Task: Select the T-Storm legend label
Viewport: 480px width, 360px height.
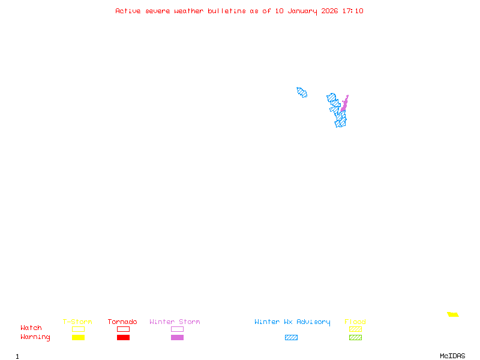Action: tap(77, 322)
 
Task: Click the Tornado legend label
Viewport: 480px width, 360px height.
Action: tap(122, 322)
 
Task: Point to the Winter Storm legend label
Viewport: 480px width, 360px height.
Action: tap(175, 322)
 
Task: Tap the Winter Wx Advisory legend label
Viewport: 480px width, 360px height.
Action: tap(292, 322)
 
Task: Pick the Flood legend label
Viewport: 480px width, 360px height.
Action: tap(355, 322)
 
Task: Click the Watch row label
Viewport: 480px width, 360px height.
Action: tap(31, 328)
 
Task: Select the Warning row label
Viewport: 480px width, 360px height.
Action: tap(35, 337)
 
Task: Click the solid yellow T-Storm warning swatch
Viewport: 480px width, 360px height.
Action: tap(78, 338)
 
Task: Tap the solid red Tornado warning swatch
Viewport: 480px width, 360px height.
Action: tap(123, 338)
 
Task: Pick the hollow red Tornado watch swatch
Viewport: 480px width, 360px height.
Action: tap(123, 329)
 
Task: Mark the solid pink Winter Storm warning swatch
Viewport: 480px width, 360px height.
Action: tap(177, 338)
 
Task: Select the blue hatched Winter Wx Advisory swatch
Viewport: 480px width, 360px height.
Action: tap(291, 338)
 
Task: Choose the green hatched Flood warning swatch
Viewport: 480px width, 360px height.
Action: tap(355, 338)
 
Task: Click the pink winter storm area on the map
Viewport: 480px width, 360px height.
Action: tap(344, 105)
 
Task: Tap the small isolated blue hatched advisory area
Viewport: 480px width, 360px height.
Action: tap(302, 92)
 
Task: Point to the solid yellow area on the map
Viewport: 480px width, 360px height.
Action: tap(453, 314)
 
